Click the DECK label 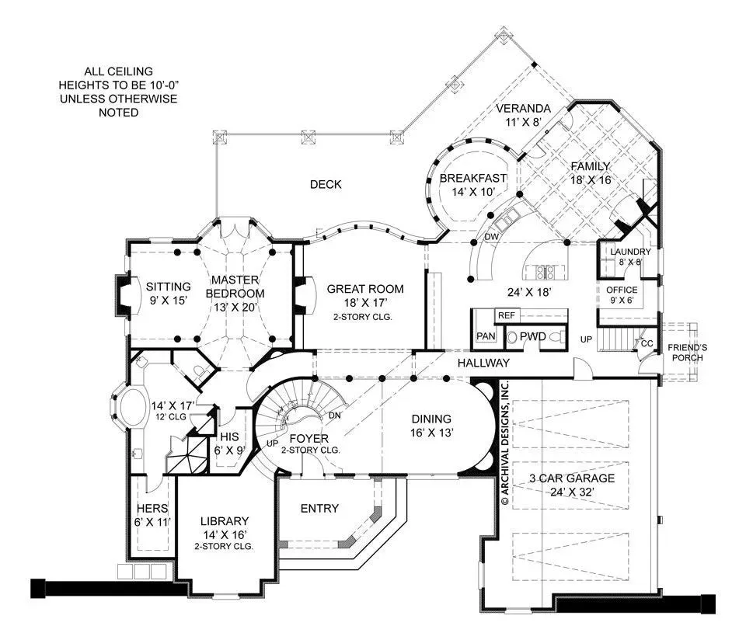click(326, 185)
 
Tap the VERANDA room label click(523, 109)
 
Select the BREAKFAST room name click(473, 179)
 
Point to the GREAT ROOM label click(365, 289)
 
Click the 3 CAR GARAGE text click(572, 478)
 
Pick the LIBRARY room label click(225, 521)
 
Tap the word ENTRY click(319, 509)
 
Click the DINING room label click(431, 419)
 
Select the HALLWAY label click(483, 363)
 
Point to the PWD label click(532, 336)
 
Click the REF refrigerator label click(506, 315)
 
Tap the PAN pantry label click(486, 336)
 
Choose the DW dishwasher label click(491, 237)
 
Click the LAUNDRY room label click(630, 252)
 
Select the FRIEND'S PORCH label click(687, 353)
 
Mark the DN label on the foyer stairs click(334, 415)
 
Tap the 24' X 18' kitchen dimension click(528, 292)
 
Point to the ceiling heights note click(118, 92)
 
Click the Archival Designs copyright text click(505, 443)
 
